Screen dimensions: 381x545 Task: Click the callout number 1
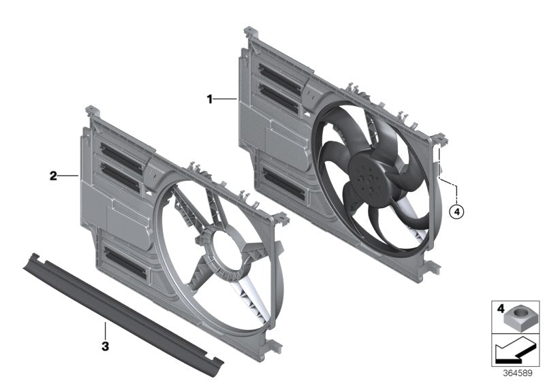click(x=211, y=99)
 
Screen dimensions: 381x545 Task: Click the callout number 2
click(x=53, y=176)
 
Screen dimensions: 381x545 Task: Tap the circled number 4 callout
click(x=457, y=212)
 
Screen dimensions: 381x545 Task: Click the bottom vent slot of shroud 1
click(x=282, y=181)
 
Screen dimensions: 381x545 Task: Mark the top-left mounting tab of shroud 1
click(x=249, y=31)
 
